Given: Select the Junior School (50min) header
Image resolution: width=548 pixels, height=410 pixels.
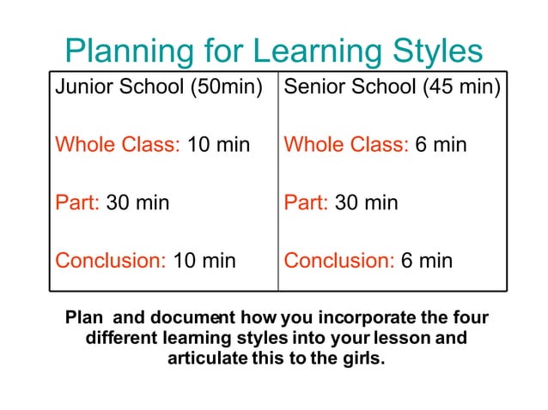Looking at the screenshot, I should click(x=159, y=87).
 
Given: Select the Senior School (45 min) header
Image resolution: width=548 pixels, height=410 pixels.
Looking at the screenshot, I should click(x=392, y=87).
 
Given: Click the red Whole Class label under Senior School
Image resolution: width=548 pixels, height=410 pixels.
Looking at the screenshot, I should click(x=346, y=144).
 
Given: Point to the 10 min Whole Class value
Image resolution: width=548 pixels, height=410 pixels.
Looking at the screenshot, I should click(x=218, y=144).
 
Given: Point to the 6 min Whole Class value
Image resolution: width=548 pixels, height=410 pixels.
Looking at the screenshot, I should click(x=441, y=144).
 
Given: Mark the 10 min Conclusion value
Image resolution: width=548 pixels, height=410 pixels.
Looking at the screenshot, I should click(x=204, y=261).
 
